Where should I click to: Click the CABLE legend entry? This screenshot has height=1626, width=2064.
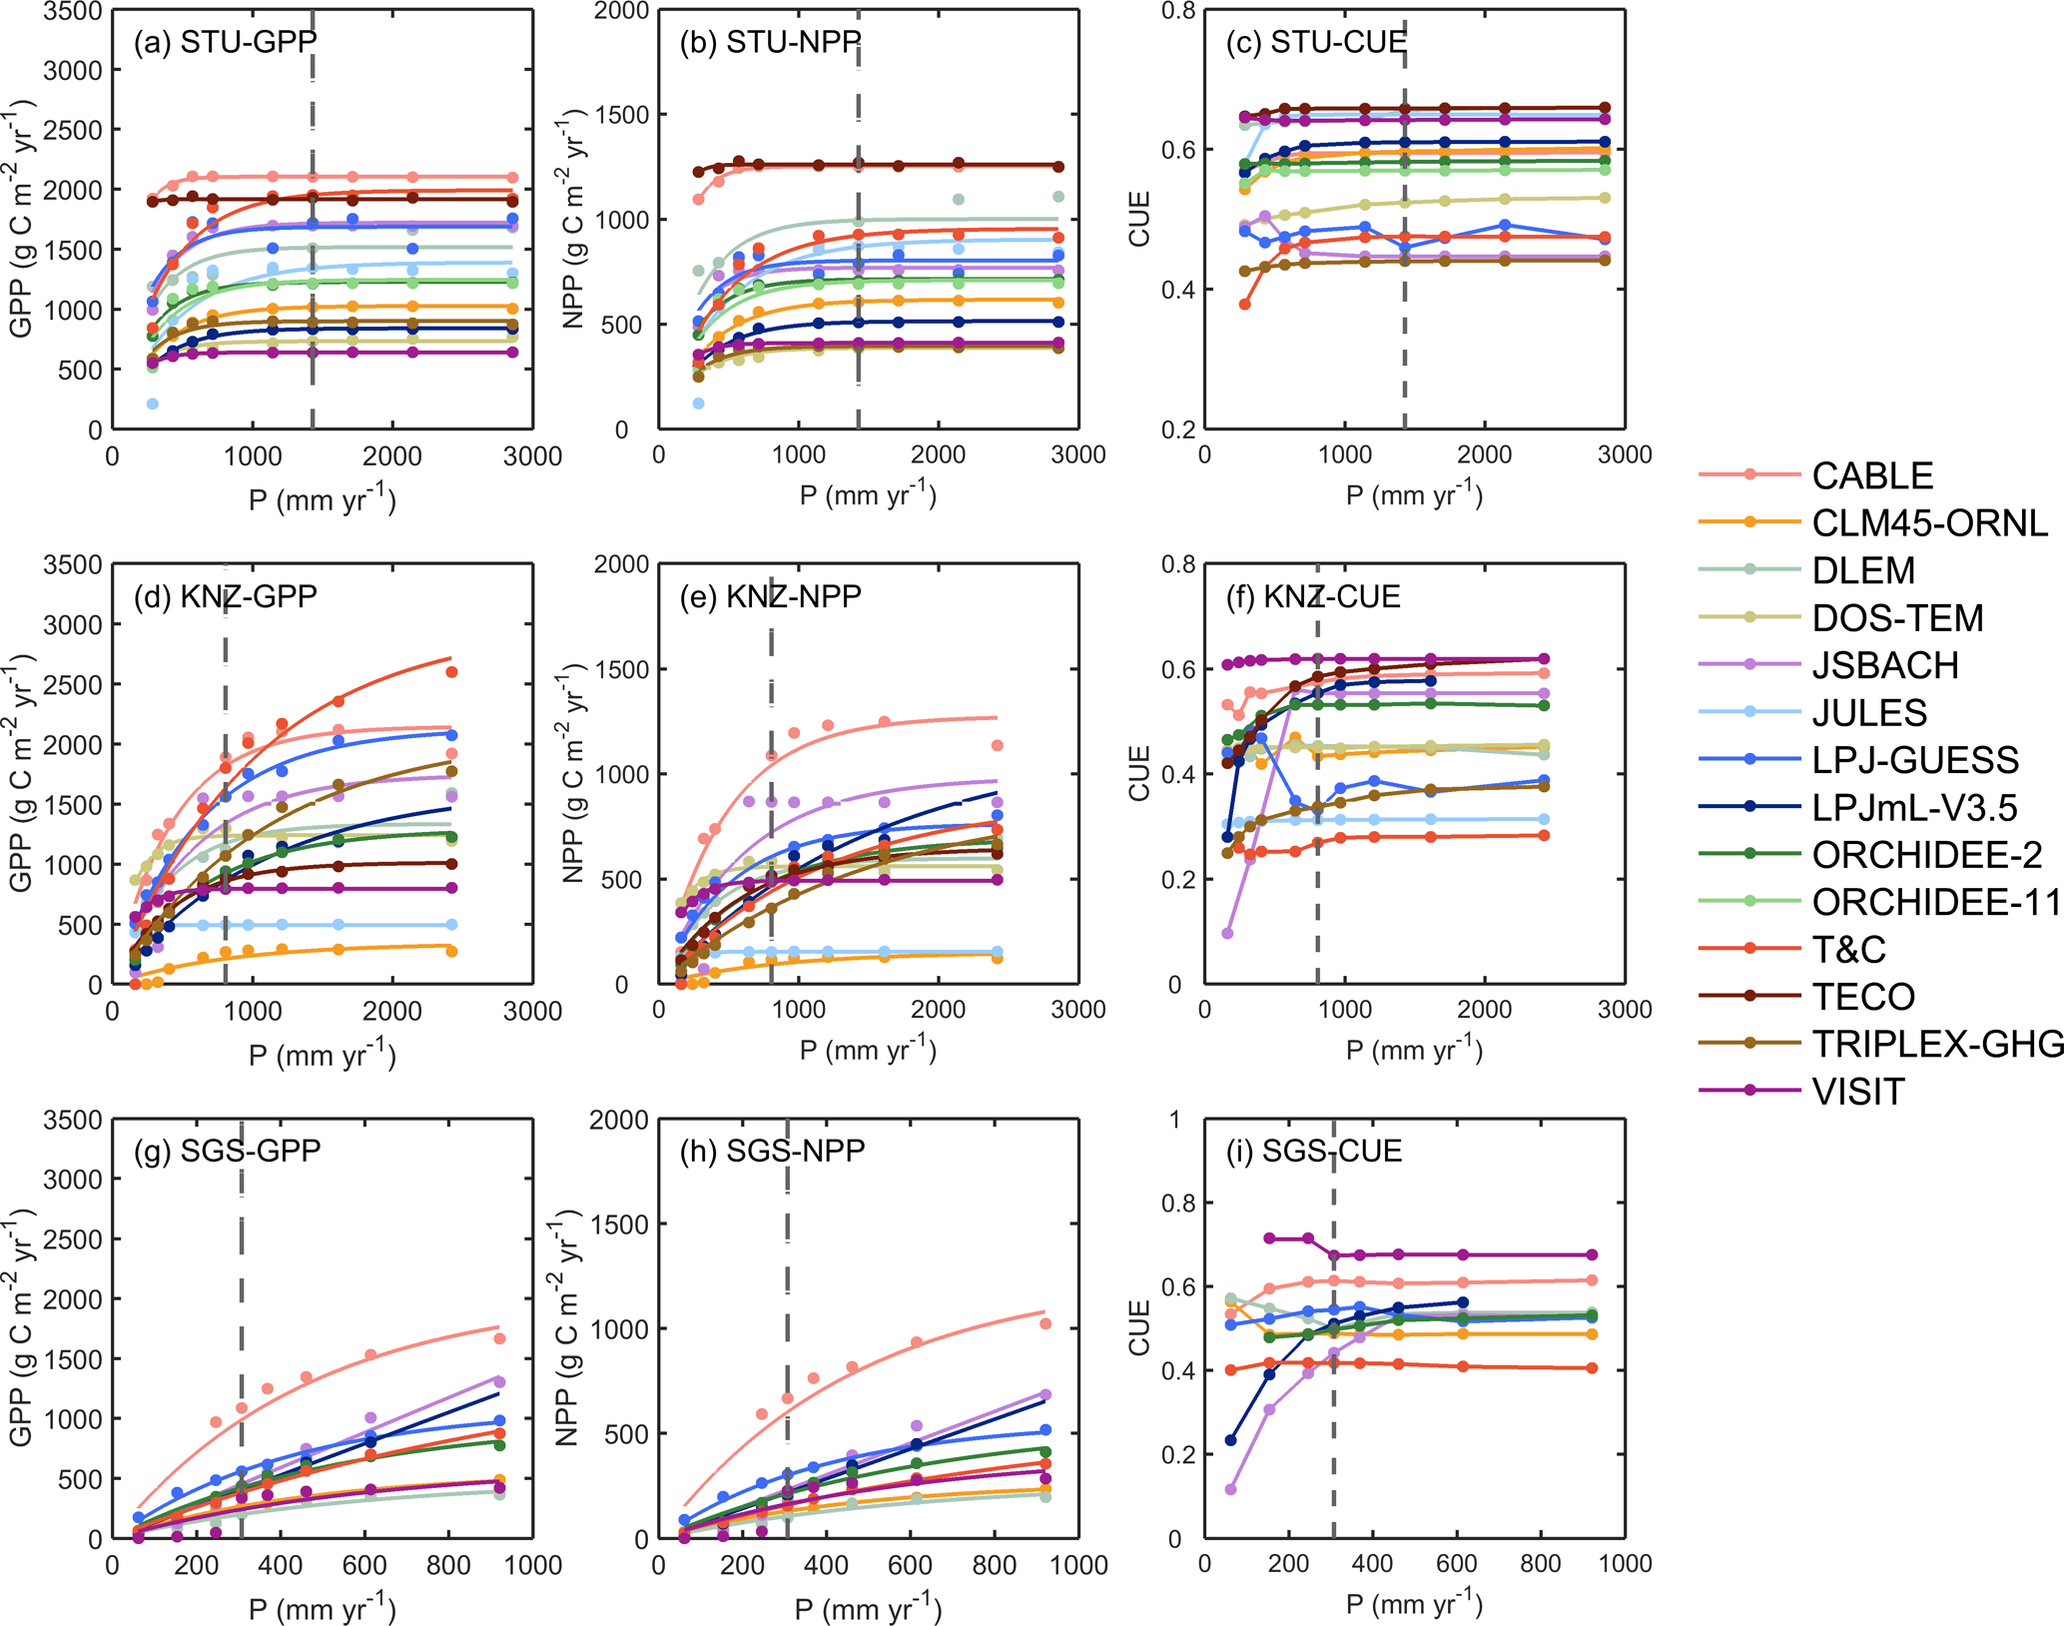coord(1872,475)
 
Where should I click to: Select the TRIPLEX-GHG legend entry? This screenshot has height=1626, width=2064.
coord(1937,1044)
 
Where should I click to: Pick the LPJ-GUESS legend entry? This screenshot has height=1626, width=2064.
coord(1914,760)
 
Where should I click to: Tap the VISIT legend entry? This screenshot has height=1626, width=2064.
coord(1857,1092)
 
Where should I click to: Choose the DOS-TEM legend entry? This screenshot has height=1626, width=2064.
coord(1897,618)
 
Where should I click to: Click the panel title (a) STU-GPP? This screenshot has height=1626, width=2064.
coord(225,42)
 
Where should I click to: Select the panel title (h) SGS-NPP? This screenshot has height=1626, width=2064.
coord(772,1151)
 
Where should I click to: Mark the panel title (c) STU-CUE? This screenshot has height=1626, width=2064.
coord(1316,42)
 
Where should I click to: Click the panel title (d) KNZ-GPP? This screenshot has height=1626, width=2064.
coord(225,596)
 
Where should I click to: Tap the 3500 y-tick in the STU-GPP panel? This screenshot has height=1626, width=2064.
coord(73,12)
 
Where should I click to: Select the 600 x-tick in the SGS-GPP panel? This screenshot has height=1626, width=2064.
coord(364,1565)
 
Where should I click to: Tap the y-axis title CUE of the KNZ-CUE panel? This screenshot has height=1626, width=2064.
coord(1139,774)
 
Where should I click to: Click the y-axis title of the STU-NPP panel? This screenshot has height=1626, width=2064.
coord(572,220)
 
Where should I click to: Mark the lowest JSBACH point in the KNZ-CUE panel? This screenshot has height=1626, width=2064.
coord(1227,934)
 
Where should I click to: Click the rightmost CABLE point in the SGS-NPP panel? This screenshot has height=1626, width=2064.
coord(1045,1324)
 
